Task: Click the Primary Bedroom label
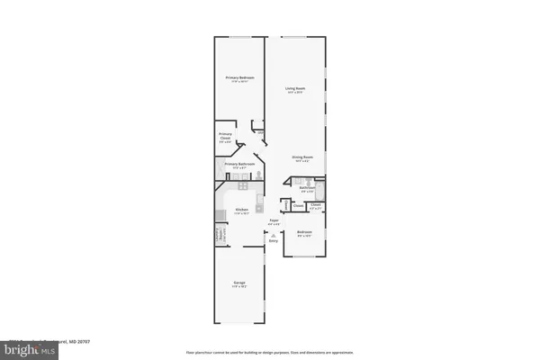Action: (x=239, y=78)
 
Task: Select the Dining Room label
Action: (x=301, y=157)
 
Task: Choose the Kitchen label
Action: (x=241, y=210)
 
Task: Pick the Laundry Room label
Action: (x=219, y=237)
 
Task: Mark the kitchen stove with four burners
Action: (x=220, y=214)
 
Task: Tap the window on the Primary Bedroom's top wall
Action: (x=239, y=37)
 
